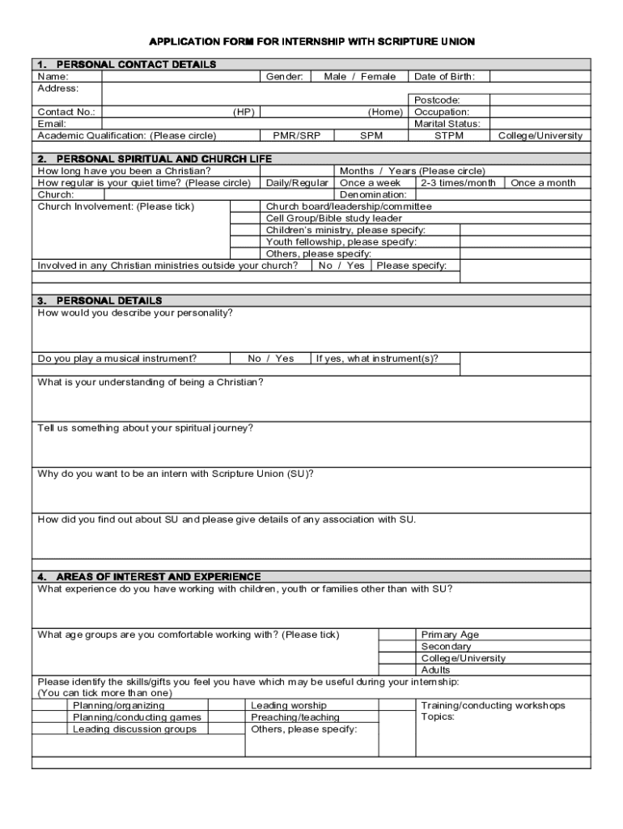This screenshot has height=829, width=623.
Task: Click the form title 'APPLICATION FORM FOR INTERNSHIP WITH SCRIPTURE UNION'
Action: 311,41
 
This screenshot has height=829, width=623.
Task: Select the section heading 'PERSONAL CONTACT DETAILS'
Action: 136,65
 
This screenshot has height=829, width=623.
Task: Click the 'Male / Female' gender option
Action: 359,77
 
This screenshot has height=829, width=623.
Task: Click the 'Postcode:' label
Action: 437,100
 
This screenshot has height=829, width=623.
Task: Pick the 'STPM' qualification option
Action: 449,136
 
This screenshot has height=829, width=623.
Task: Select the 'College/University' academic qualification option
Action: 540,136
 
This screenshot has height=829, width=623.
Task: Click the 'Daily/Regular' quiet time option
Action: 297,183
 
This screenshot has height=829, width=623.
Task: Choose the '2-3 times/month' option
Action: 458,183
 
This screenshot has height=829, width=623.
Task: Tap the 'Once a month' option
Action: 543,183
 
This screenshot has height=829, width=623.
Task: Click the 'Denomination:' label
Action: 373,195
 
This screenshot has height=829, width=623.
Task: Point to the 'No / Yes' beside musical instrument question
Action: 271,359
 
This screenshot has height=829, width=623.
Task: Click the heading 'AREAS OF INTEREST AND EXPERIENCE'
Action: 158,576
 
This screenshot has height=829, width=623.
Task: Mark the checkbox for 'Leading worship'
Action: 227,706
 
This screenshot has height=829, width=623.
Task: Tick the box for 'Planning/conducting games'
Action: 49,717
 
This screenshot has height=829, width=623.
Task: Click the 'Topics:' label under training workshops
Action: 438,717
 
